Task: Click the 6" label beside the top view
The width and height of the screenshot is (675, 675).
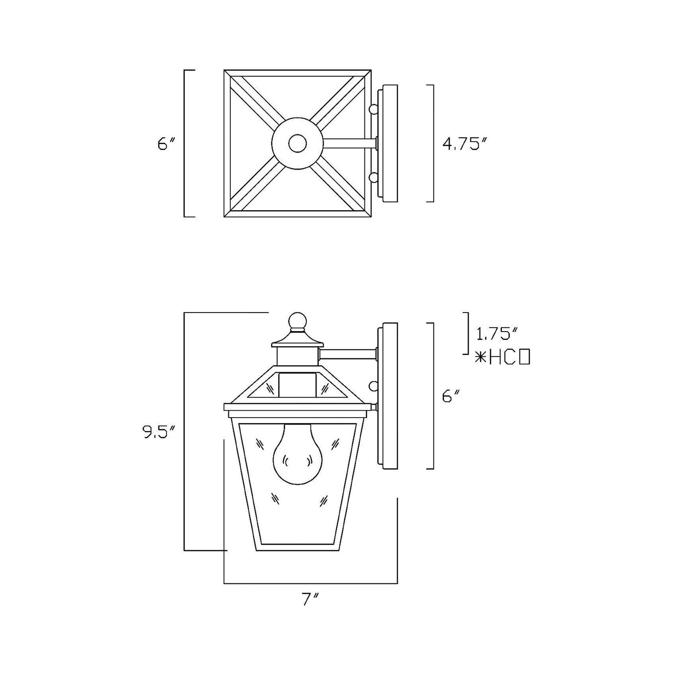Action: (166, 144)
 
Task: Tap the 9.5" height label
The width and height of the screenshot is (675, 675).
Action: (159, 433)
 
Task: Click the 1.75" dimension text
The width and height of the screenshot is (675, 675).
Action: (497, 334)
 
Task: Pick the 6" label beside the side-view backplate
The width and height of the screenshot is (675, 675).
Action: (451, 397)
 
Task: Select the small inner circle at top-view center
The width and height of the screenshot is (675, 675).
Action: (296, 144)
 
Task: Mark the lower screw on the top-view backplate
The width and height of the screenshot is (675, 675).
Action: (373, 178)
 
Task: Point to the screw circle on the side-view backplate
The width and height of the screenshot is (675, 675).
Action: (373, 386)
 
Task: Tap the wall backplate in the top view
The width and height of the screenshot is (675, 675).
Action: (390, 144)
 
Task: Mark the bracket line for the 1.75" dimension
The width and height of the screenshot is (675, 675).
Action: (467, 333)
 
